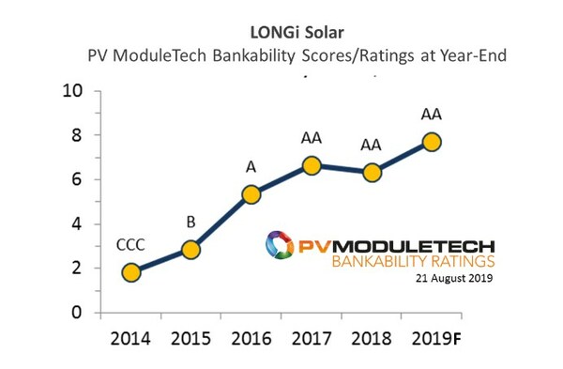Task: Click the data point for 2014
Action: (x=131, y=272)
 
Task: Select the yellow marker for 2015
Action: (x=190, y=250)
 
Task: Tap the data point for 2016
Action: (x=251, y=194)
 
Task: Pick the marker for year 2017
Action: (x=312, y=165)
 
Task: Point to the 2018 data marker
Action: (x=372, y=173)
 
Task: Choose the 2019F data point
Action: (x=432, y=142)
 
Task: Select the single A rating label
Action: (x=251, y=166)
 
